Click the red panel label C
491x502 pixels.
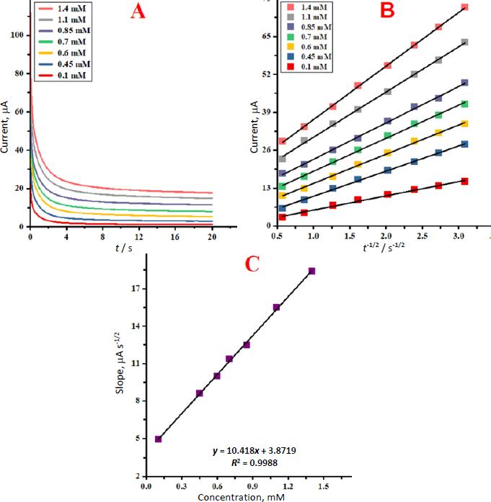point(252,264)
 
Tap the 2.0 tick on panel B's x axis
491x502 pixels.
point(386,236)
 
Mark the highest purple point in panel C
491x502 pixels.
point(311,271)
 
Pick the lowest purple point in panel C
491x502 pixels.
point(159,439)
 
